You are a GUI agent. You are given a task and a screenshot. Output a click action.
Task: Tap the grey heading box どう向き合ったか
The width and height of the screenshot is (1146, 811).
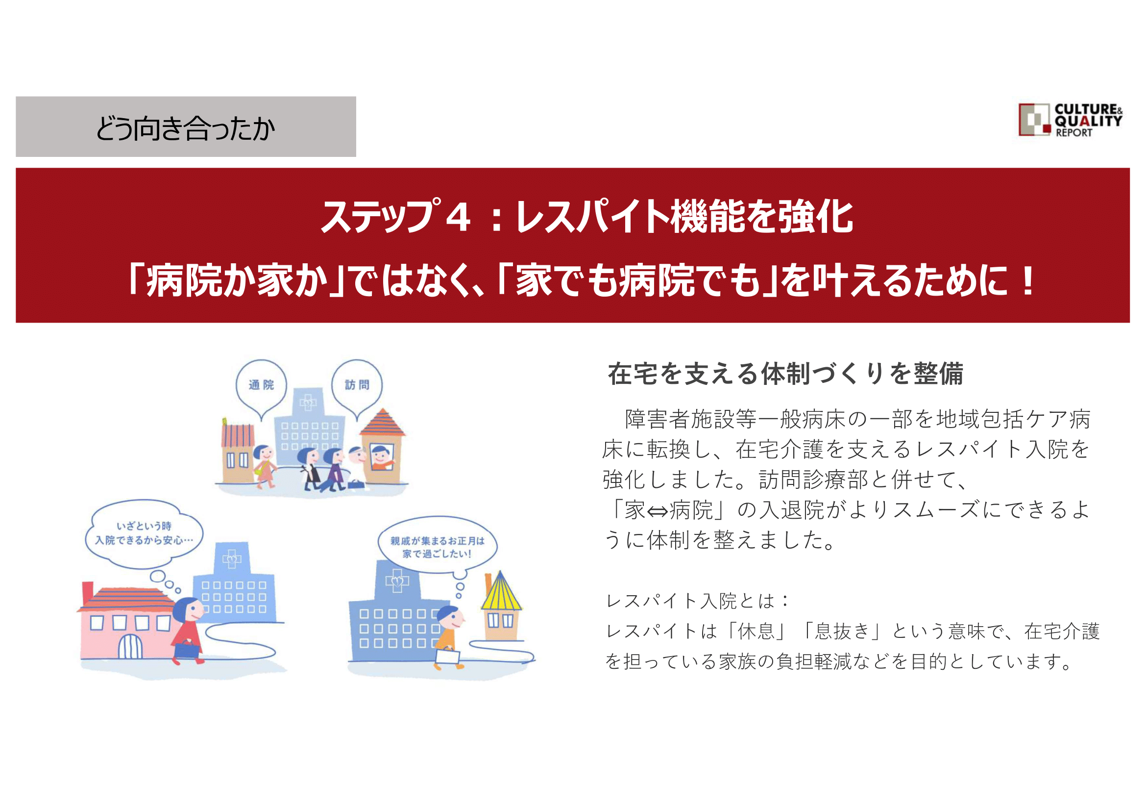click(186, 127)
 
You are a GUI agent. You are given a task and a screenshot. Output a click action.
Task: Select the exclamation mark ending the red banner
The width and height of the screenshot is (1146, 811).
click(1028, 280)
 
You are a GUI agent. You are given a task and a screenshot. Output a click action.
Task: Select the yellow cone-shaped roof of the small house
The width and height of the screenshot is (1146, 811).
click(501, 591)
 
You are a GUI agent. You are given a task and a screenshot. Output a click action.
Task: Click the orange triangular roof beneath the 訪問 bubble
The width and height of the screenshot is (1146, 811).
click(382, 423)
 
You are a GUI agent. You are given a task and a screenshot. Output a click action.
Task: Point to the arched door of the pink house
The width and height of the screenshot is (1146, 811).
click(130, 646)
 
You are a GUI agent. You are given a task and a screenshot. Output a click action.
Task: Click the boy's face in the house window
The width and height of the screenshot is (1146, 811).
click(381, 455)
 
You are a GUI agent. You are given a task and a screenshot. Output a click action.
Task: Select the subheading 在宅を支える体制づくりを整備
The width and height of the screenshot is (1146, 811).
click(785, 374)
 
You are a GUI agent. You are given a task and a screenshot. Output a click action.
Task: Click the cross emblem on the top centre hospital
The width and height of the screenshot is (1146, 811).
click(308, 403)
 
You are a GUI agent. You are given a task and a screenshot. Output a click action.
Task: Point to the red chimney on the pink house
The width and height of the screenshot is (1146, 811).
click(88, 593)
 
